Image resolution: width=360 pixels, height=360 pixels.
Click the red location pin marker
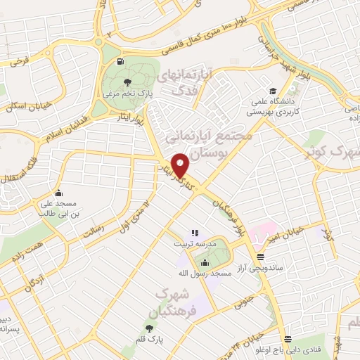click(x=181, y=165)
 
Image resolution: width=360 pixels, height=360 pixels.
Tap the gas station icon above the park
click(x=123, y=62)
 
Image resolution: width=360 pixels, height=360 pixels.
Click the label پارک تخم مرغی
click(x=119, y=93)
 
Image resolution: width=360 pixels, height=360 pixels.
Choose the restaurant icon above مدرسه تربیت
click(x=195, y=233)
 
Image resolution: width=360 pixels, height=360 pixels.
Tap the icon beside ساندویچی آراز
click(x=260, y=257)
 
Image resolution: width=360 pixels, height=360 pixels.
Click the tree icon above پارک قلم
click(x=149, y=328)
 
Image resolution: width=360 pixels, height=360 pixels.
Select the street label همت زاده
click(x=25, y=250)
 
